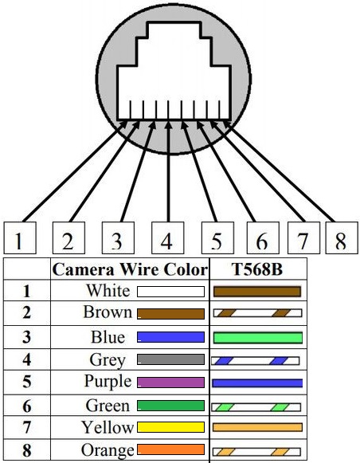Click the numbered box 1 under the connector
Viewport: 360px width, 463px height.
point(20,237)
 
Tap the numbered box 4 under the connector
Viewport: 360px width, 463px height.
point(167,237)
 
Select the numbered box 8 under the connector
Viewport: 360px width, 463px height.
point(342,237)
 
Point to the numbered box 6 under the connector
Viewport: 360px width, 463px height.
point(263,237)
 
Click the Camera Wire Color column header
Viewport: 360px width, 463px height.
point(130,269)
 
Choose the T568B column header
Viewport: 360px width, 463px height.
point(257,269)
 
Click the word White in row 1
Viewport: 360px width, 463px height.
point(108,291)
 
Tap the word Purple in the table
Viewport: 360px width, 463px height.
point(108,382)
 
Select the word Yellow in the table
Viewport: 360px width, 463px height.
point(108,428)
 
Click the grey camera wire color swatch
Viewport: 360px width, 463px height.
point(171,359)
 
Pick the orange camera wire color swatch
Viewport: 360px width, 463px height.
point(171,449)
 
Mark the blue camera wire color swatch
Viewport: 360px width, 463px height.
point(171,337)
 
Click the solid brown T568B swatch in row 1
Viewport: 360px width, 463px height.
point(257,292)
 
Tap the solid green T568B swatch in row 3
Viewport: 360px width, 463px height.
point(258,338)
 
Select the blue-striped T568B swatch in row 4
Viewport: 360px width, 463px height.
point(256,360)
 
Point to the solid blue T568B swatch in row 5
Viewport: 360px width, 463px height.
point(257,383)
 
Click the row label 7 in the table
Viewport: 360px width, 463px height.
point(26,428)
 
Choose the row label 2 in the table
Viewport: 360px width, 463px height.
point(26,312)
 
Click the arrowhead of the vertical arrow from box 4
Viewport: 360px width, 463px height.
point(168,125)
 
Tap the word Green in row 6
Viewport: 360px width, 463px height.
point(108,406)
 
